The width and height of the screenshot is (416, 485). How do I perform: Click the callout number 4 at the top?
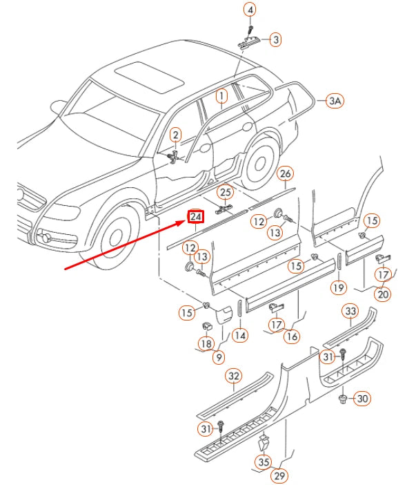click(250, 10)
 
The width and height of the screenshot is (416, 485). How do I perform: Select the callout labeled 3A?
click(335, 101)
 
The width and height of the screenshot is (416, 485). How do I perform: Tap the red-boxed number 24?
click(196, 217)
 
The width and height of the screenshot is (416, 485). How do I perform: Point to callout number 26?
click(285, 173)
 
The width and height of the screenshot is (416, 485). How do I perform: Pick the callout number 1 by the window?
click(221, 96)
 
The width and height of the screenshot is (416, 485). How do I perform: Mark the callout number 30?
click(362, 399)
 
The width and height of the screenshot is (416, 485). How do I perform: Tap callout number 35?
click(263, 462)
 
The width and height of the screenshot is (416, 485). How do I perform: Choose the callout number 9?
click(219, 357)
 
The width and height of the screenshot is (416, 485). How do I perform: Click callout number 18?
click(206, 343)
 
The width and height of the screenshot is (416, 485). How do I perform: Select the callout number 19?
click(338, 287)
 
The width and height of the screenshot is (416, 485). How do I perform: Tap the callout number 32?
click(234, 376)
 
